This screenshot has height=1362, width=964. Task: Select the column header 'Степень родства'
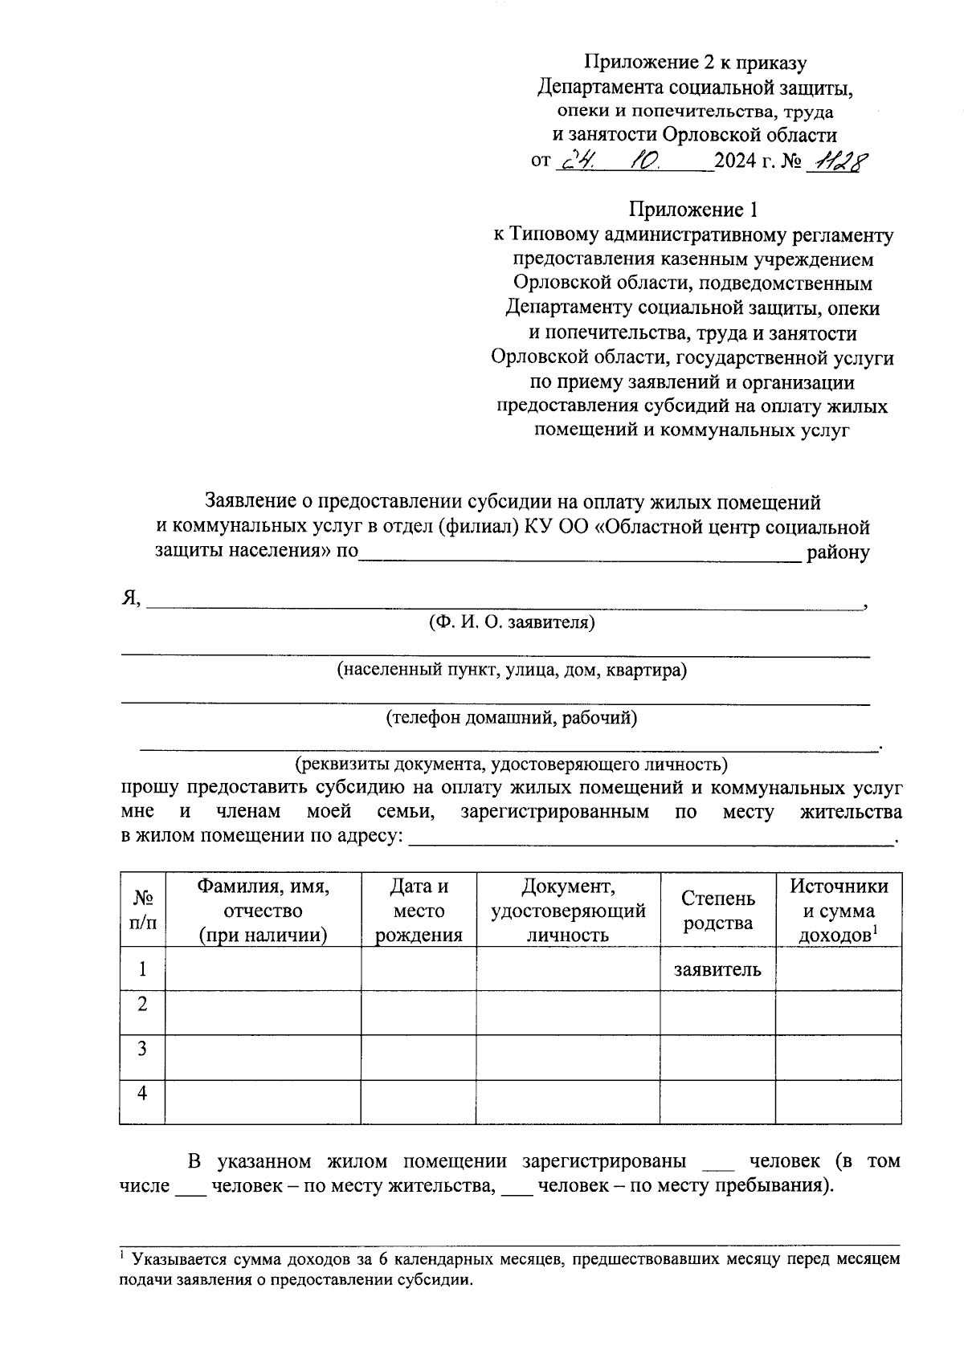(x=717, y=910)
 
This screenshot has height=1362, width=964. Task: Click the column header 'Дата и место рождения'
(x=419, y=910)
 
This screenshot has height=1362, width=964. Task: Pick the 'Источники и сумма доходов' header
(x=838, y=910)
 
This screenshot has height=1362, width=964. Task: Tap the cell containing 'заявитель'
(x=717, y=969)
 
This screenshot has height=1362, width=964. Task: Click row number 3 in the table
(x=142, y=1049)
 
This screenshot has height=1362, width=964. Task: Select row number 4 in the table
(x=142, y=1093)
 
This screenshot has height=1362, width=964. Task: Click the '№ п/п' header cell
(x=142, y=910)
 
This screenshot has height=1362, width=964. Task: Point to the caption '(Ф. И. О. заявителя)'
(x=512, y=622)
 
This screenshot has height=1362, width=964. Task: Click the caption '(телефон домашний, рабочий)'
(x=512, y=718)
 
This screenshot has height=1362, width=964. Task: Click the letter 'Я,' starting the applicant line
(x=131, y=598)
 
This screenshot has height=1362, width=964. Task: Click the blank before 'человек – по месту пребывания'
(x=517, y=1187)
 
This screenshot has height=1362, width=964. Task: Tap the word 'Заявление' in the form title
(x=250, y=502)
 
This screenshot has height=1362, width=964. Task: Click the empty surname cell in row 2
(x=263, y=1013)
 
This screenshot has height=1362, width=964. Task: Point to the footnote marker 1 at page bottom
(x=123, y=1254)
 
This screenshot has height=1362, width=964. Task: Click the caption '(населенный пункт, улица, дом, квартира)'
(x=512, y=670)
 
